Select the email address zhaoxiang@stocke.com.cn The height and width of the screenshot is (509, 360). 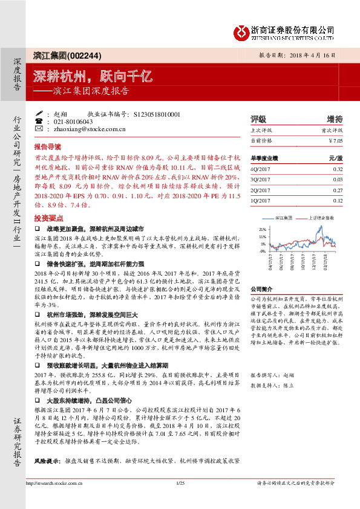click(x=89, y=129)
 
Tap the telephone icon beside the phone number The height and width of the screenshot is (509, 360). click(x=39, y=122)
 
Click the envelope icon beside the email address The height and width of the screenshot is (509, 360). click(x=39, y=129)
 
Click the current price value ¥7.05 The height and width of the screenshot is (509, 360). click(x=335, y=140)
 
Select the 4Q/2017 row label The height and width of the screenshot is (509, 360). click(x=261, y=170)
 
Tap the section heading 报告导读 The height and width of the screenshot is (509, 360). click(x=48, y=146)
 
